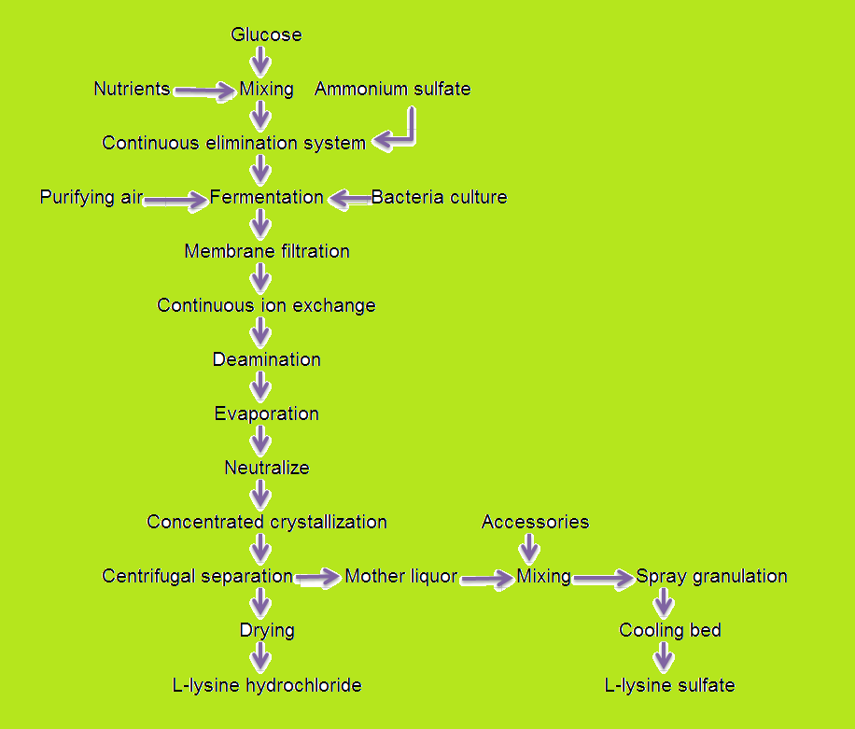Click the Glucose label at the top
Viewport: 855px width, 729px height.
click(x=266, y=35)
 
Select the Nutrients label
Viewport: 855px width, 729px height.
click(x=132, y=90)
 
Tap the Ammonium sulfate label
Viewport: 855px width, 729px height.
click(x=392, y=90)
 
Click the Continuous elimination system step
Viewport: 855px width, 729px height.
click(x=233, y=144)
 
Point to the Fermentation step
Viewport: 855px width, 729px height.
click(x=266, y=198)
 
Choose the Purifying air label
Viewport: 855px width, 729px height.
click(x=91, y=198)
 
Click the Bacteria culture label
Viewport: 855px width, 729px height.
click(x=439, y=198)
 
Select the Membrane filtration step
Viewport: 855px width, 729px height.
click(x=267, y=252)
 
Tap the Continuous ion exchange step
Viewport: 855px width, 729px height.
click(x=266, y=306)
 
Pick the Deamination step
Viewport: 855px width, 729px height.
click(x=266, y=360)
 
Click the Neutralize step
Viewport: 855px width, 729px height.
click(x=266, y=469)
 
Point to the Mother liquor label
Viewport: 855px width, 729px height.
click(x=400, y=577)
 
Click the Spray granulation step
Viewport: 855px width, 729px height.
click(x=711, y=577)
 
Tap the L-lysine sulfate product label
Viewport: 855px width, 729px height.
click(x=669, y=686)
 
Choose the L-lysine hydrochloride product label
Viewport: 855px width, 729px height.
click(x=267, y=686)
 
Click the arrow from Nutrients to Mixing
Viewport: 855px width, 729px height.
click(x=204, y=91)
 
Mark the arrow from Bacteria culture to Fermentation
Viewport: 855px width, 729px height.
click(x=349, y=198)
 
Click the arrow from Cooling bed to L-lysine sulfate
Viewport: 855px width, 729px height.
click(x=664, y=658)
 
